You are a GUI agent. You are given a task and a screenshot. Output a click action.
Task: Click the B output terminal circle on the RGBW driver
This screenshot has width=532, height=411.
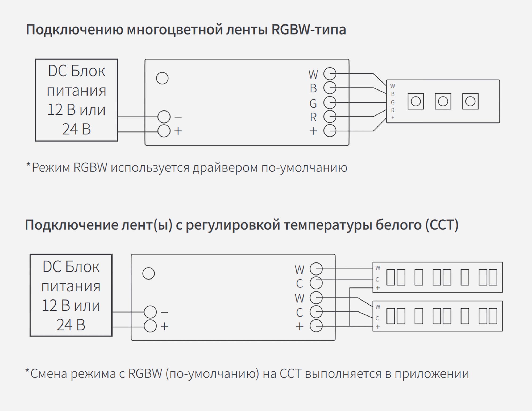click(x=330, y=88)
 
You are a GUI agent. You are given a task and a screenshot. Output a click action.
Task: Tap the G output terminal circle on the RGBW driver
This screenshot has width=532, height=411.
click(x=330, y=102)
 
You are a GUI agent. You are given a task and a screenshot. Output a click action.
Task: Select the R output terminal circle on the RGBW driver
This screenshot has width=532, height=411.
click(x=330, y=117)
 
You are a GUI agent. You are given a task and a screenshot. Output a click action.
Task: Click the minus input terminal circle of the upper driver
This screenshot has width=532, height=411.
click(x=164, y=117)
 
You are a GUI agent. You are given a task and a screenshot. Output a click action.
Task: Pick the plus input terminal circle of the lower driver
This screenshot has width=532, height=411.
click(x=150, y=326)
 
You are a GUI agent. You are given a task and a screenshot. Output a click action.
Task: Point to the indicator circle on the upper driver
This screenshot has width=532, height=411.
click(x=162, y=78)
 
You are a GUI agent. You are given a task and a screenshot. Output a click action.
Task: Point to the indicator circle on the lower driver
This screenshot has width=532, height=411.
click(x=148, y=273)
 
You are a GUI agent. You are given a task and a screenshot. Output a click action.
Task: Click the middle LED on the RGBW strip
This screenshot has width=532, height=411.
click(x=443, y=101)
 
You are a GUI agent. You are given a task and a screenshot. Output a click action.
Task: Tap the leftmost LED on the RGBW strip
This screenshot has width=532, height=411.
click(x=415, y=101)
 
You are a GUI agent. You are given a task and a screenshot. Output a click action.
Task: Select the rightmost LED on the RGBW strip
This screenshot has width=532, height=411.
click(x=470, y=101)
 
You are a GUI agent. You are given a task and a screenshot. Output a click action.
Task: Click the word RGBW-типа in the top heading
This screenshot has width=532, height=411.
click(x=309, y=30)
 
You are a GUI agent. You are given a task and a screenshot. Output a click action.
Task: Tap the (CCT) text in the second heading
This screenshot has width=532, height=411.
click(x=442, y=225)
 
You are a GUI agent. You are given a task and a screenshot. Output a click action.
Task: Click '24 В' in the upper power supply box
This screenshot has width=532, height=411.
click(x=76, y=129)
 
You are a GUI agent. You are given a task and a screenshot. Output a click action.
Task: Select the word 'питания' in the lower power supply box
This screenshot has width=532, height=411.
click(x=71, y=286)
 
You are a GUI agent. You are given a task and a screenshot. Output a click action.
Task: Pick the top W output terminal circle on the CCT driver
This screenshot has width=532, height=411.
click(x=316, y=269)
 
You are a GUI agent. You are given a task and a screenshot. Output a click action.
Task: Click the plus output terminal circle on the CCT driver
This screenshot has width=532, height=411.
click(x=316, y=326)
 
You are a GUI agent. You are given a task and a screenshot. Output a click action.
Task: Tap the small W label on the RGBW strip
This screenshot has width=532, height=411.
click(x=393, y=86)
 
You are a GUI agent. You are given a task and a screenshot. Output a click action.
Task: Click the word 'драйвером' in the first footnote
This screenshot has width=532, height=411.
click(x=225, y=168)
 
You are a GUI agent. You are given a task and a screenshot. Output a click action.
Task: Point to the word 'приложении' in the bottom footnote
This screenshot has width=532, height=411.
click(x=431, y=374)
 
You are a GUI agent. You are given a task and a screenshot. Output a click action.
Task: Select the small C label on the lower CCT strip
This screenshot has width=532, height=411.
click(x=377, y=318)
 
